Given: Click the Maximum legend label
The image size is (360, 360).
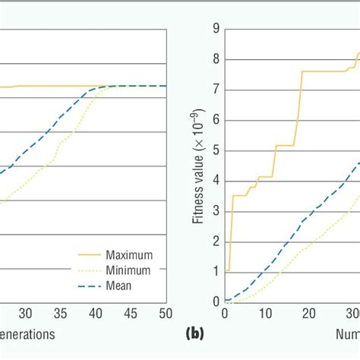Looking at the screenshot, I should click(130, 254).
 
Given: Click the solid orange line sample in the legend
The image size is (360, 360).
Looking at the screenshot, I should click(90, 254).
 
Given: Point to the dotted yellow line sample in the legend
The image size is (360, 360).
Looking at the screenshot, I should click(90, 270).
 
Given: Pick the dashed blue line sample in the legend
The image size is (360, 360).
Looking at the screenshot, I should click(90, 286).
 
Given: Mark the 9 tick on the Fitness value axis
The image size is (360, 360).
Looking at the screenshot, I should click(216, 29).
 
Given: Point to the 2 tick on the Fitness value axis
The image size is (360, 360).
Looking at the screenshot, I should click(216, 242).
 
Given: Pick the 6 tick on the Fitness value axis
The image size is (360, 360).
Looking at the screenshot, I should click(216, 120).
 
